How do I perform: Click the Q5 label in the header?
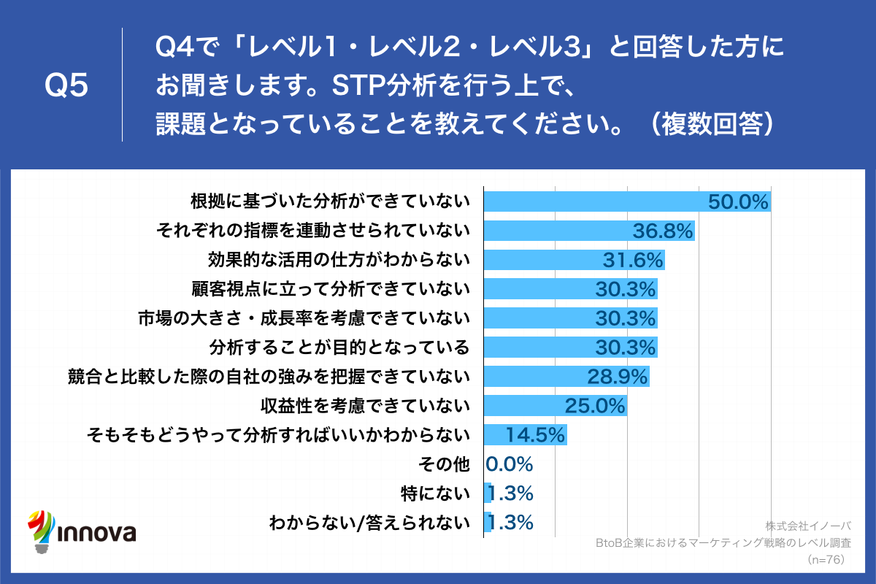66,86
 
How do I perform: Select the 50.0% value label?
739,202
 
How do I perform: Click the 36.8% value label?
662,231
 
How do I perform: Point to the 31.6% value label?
633,261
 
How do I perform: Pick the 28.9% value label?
618,377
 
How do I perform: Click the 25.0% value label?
596,406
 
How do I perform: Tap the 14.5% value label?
536,435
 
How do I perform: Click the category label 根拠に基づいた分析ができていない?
329,201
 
